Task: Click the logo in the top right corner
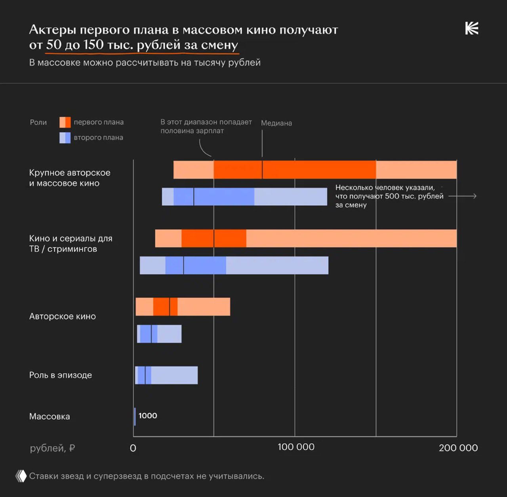pyautogui.click(x=471, y=28)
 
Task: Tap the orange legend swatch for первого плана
pyautogui.click(x=65, y=122)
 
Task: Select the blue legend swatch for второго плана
pyautogui.click(x=65, y=138)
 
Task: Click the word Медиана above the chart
pyautogui.click(x=276, y=123)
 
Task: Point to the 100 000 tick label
pyautogui.click(x=295, y=447)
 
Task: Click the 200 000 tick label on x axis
pyautogui.click(x=458, y=448)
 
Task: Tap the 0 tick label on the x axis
pyautogui.click(x=133, y=448)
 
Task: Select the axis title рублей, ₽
pyautogui.click(x=52, y=448)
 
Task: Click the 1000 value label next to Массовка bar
pyautogui.click(x=148, y=415)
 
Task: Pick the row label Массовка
pyautogui.click(x=50, y=416)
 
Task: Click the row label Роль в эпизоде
pyautogui.click(x=60, y=375)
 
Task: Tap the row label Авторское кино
pyautogui.click(x=62, y=316)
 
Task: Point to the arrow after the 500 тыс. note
pyautogui.click(x=463, y=196)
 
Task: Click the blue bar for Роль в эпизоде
pyautogui.click(x=166, y=375)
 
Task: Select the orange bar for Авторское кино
pyautogui.click(x=183, y=307)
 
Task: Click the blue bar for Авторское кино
pyautogui.click(x=159, y=334)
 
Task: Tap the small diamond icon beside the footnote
pyautogui.click(x=21, y=476)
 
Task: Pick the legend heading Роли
pyautogui.click(x=38, y=122)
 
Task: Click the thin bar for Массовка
pyautogui.click(x=135, y=416)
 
